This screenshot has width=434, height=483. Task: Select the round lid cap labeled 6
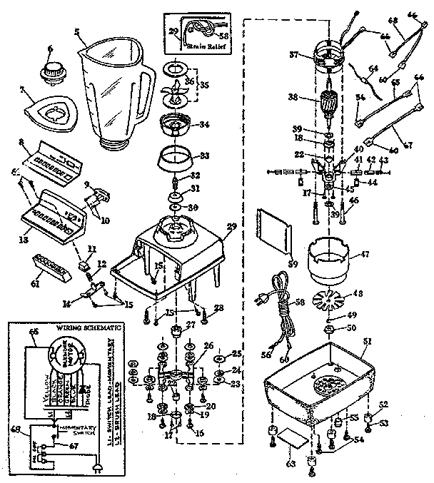pos(51,72)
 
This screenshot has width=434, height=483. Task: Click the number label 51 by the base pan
pos(366,341)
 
